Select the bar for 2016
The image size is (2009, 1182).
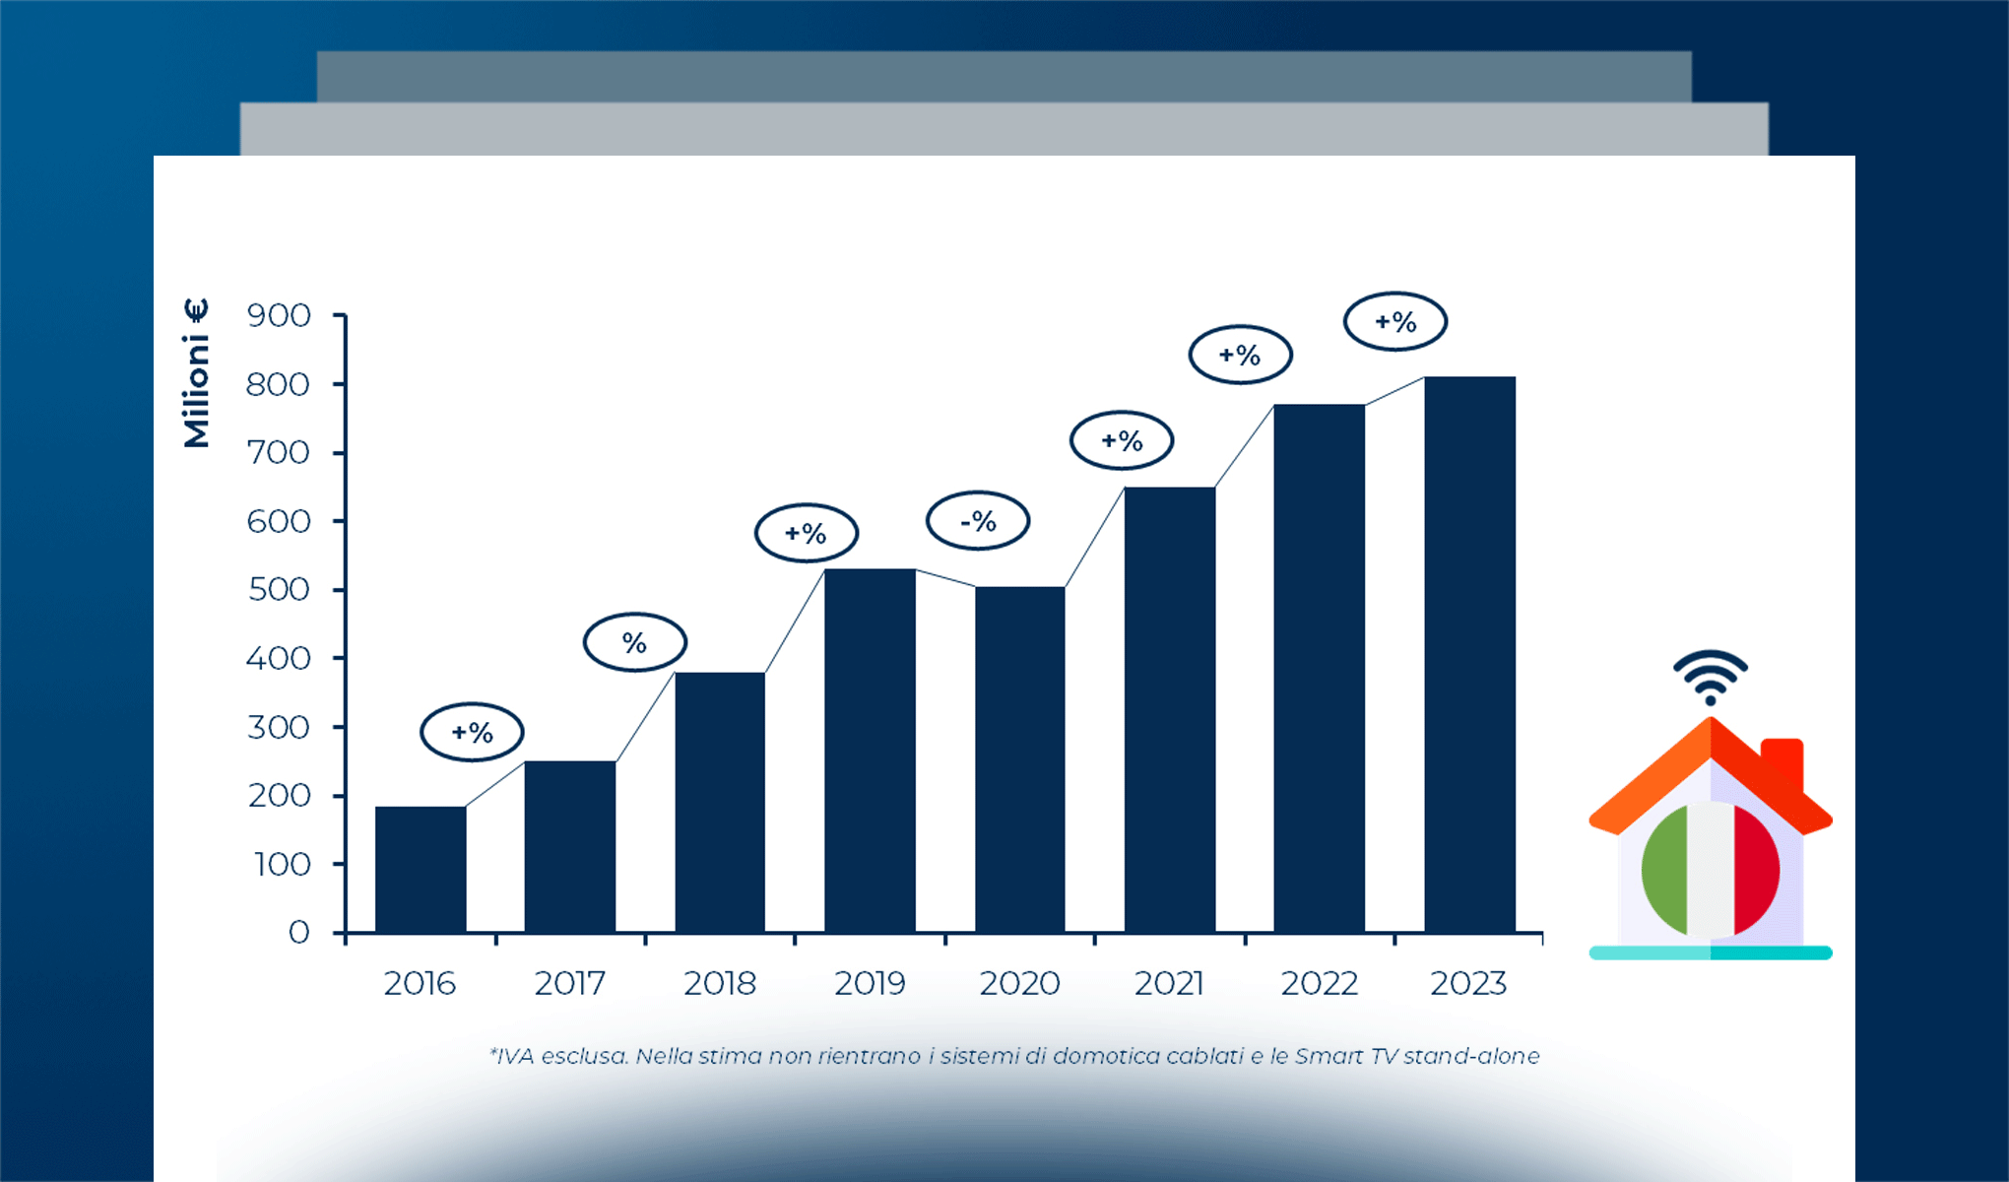[x=421, y=869]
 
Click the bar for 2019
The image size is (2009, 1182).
[x=870, y=751]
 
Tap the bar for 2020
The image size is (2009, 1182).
[x=1020, y=759]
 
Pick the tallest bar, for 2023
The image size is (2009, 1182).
[x=1469, y=654]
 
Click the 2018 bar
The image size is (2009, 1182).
[x=720, y=802]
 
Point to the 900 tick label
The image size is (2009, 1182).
[x=279, y=316]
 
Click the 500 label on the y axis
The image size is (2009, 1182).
[x=279, y=590]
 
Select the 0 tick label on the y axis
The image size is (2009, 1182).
[x=299, y=932]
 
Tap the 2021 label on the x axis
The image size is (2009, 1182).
[x=1169, y=983]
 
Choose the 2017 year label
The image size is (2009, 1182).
[x=569, y=983]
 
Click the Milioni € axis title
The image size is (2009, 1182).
[x=196, y=373]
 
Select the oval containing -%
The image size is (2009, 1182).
[x=978, y=520]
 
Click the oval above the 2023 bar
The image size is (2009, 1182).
[x=1395, y=321]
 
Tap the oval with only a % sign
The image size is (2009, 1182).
[x=635, y=642]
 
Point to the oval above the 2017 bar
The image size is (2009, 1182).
[x=472, y=732]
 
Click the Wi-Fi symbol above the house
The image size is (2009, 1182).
[x=1711, y=677]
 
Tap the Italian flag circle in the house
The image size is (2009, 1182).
[x=1711, y=870]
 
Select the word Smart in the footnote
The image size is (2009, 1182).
[x=1329, y=1056]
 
